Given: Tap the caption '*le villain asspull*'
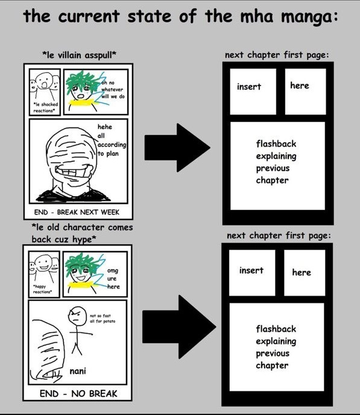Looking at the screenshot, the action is [x=80, y=55].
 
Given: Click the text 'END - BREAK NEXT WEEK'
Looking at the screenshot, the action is [x=77, y=212].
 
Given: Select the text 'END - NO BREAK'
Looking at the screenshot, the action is [x=78, y=393].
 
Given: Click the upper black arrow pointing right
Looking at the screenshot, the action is [x=177, y=148].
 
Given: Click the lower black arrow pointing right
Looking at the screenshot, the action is [x=179, y=327].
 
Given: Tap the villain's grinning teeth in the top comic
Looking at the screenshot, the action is [x=74, y=171].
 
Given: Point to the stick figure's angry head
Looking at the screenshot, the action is [x=77, y=316].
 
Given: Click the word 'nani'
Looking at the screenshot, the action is [x=78, y=371].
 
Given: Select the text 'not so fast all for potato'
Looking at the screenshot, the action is [x=103, y=318].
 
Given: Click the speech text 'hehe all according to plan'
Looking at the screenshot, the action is [x=112, y=141].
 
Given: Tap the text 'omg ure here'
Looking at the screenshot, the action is [x=113, y=279].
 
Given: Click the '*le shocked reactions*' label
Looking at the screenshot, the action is [x=45, y=107].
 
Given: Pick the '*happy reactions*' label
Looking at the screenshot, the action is [x=42, y=289].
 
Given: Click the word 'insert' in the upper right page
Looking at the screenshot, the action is [x=249, y=86].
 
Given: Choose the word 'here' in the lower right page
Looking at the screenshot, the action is [x=302, y=273].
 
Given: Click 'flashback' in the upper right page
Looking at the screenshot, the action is [x=276, y=144].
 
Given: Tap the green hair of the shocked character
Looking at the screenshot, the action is [x=80, y=80].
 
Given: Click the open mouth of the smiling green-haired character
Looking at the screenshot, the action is [x=81, y=278].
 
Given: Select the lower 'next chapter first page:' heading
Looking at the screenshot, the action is [x=279, y=235].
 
